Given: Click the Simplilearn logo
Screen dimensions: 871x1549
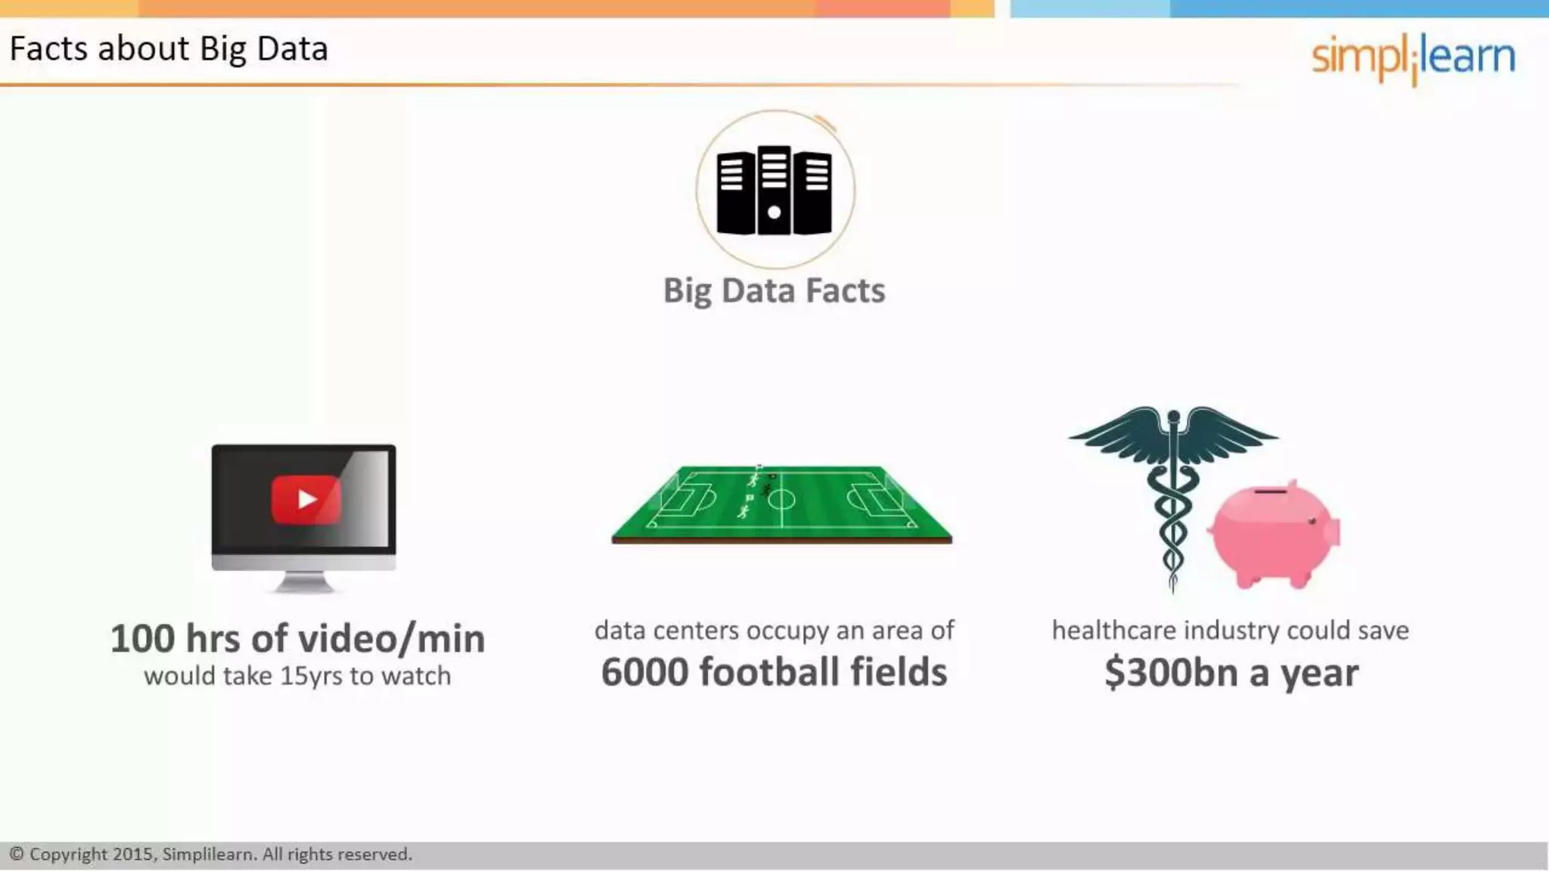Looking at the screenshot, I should tap(1413, 57).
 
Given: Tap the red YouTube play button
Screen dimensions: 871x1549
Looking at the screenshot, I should tap(306, 499).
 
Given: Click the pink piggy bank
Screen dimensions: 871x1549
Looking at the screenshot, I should tap(1274, 534).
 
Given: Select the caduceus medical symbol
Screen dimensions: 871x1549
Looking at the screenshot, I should tap(1173, 491).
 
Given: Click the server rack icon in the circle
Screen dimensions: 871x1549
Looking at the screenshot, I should tap(774, 191).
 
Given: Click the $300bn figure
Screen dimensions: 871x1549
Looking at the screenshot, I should tap(1171, 673).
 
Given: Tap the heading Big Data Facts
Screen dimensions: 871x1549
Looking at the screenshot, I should tap(774, 291).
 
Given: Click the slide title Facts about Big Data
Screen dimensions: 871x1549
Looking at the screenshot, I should tap(169, 49).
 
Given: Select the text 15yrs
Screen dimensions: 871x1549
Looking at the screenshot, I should tap(311, 676).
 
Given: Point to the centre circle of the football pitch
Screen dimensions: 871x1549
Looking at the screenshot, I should tap(781, 499).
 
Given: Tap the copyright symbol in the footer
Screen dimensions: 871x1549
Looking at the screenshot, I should tap(17, 854).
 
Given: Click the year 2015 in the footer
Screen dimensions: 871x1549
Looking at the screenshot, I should tap(134, 854).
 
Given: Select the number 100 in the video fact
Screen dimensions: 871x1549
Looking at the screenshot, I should tap(142, 639).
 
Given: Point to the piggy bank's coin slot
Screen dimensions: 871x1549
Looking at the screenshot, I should tap(1270, 491).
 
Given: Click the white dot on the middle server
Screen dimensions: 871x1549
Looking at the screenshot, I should tap(774, 212).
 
